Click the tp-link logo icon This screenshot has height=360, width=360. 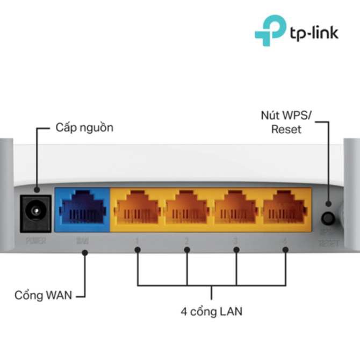(269, 31)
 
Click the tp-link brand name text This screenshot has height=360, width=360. (314, 33)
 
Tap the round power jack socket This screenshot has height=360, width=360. (35, 211)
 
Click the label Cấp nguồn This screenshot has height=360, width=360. (84, 128)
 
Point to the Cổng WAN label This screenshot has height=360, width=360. (42, 295)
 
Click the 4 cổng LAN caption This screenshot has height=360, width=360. (211, 311)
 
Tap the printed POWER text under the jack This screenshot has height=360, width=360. (36, 241)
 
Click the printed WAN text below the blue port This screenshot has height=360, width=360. (82, 241)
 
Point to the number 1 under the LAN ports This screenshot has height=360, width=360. (138, 241)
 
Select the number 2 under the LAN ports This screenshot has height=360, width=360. (186, 241)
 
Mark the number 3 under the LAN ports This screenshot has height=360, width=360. (235, 241)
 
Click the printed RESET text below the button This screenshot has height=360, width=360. (328, 243)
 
